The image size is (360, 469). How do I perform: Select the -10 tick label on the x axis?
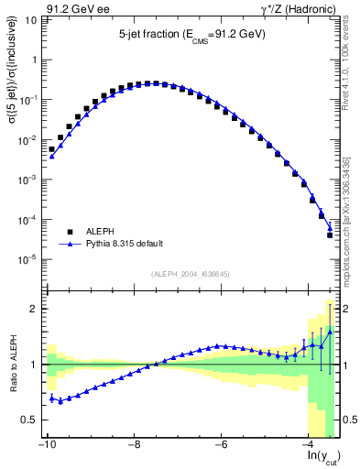click(x=46, y=446)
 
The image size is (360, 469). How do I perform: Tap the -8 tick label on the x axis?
click(x=134, y=446)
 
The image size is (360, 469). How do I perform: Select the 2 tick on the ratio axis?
click(x=37, y=309)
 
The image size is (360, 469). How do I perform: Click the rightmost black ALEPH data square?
click(x=330, y=235)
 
